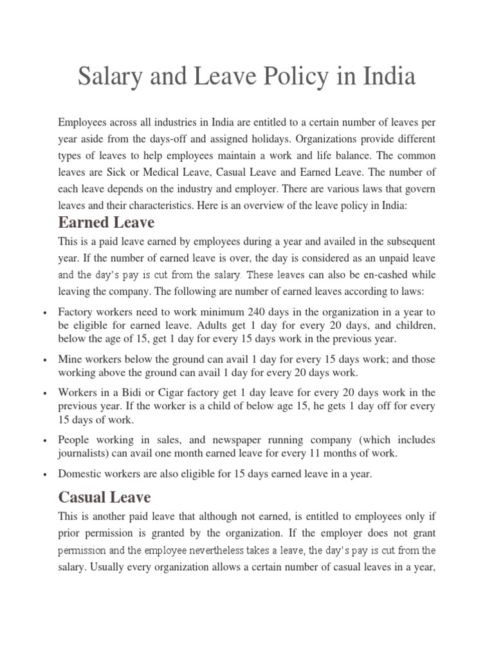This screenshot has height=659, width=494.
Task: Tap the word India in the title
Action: (386, 78)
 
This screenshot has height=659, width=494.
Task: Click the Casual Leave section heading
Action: (104, 497)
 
